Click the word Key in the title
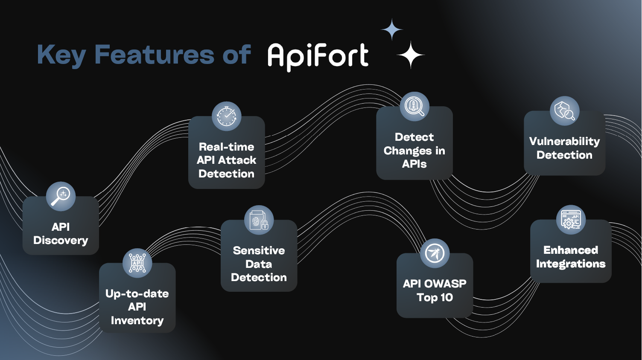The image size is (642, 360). pyautogui.click(x=61, y=55)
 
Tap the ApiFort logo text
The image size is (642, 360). pyautogui.click(x=318, y=56)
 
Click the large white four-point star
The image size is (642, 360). pyautogui.click(x=411, y=55)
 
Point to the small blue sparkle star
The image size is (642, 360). pyautogui.click(x=392, y=29)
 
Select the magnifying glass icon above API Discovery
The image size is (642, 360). pyautogui.click(x=61, y=196)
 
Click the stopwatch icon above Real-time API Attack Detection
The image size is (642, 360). pyautogui.click(x=227, y=116)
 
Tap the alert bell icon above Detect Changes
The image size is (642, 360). pyautogui.click(x=414, y=106)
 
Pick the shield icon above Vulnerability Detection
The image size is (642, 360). pyautogui.click(x=564, y=111)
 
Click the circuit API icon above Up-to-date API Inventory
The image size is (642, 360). pyautogui.click(x=137, y=263)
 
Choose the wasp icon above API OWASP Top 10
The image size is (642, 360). pyautogui.click(x=435, y=253)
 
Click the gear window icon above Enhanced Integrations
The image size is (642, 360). pyautogui.click(x=571, y=220)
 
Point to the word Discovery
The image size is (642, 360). pyautogui.click(x=61, y=241)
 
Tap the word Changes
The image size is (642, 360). pyautogui.click(x=408, y=151)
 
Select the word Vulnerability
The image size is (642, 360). pyautogui.click(x=564, y=141)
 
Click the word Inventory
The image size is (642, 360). pyautogui.click(x=137, y=320)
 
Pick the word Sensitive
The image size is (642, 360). pyautogui.click(x=259, y=250)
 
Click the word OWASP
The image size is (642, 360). pyautogui.click(x=445, y=284)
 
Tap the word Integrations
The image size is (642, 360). pyautogui.click(x=571, y=264)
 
